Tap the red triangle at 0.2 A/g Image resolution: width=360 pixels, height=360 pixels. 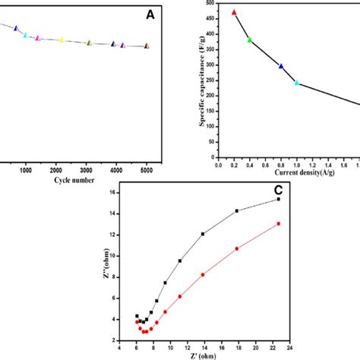tap(234, 12)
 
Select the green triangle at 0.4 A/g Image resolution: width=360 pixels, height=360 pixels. tap(249, 39)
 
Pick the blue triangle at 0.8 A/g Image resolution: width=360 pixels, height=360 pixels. tap(281, 66)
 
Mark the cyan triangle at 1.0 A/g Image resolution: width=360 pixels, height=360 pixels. tap(297, 82)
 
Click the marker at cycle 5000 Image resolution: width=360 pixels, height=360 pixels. tap(147, 46)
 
